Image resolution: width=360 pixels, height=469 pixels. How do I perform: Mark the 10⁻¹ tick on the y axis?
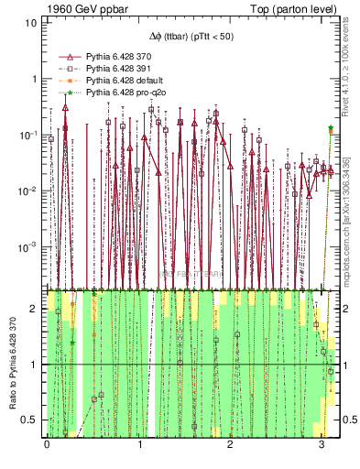click(x=27, y=135)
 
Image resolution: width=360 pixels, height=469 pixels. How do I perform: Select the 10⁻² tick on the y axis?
click(x=27, y=191)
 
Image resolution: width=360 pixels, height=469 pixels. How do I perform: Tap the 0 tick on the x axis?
click(x=47, y=443)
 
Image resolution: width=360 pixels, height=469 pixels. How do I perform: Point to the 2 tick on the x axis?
click(x=230, y=443)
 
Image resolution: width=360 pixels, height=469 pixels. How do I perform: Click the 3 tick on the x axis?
click(x=322, y=443)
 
